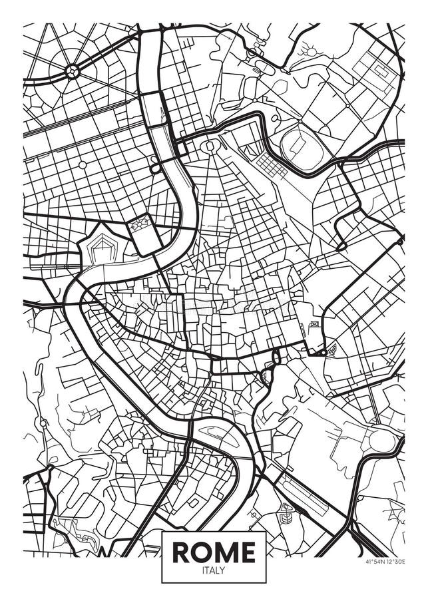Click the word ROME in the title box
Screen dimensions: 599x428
[214, 552]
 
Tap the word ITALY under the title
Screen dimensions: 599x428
[214, 570]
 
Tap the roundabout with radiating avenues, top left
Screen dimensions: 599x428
[73, 70]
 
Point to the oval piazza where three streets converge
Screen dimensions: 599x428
[210, 145]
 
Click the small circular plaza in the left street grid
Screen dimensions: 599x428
[83, 164]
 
